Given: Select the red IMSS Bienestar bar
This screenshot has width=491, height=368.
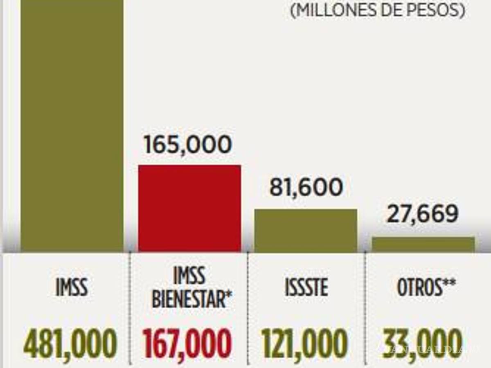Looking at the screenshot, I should tap(189, 208).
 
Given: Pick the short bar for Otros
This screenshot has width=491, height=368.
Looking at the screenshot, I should tap(423, 244).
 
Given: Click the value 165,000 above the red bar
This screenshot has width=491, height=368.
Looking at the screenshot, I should tap(188, 146).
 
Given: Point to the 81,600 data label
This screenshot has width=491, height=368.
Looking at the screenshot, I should tap(306, 188).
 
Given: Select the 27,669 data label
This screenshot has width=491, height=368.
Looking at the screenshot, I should tap(422, 214).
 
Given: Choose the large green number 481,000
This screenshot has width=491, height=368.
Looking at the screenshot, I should tap(70, 344).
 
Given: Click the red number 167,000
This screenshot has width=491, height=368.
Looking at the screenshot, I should tap(188, 344).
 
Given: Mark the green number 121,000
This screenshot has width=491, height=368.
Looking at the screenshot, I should tap(305, 344).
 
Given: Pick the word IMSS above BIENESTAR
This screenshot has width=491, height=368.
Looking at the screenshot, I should tap(189, 277).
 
